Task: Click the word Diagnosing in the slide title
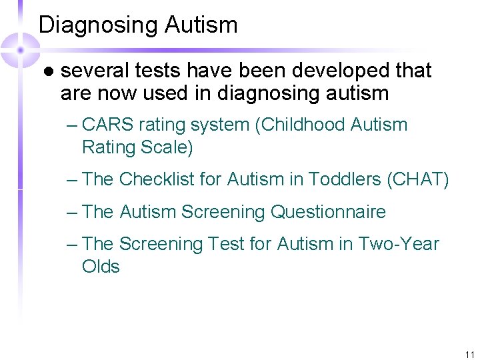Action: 98,25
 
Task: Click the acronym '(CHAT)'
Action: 420,179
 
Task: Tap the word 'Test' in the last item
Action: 228,245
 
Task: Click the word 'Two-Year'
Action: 399,245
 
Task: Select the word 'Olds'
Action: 101,267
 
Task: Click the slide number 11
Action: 469,355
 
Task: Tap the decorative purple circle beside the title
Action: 20,49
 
